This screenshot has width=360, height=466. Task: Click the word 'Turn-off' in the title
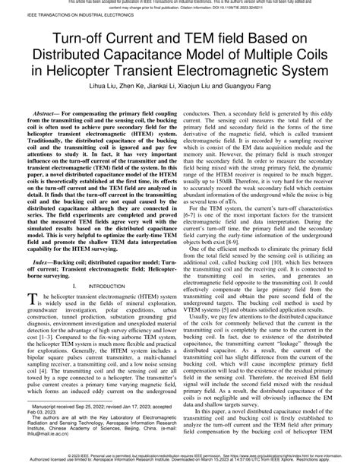tap(82, 40)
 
